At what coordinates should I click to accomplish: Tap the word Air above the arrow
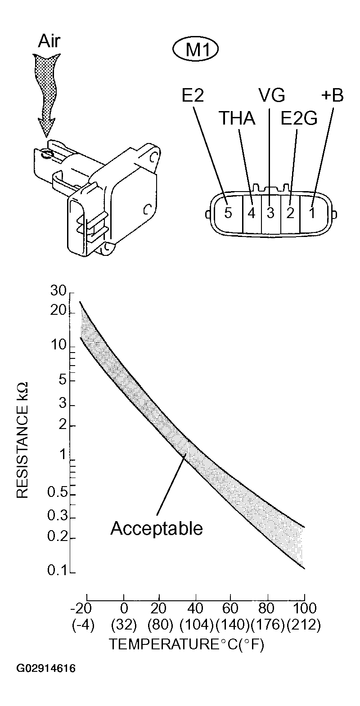click(x=49, y=41)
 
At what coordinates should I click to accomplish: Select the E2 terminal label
click(x=193, y=95)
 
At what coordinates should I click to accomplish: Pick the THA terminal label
click(x=237, y=118)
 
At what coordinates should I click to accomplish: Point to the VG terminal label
click(x=272, y=95)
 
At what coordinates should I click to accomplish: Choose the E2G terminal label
click(x=299, y=119)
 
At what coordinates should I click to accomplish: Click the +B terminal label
click(x=333, y=95)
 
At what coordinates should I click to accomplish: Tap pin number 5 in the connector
click(x=228, y=213)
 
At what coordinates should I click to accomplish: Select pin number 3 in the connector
click(x=270, y=213)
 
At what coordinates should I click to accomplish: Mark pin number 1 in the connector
click(x=312, y=213)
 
